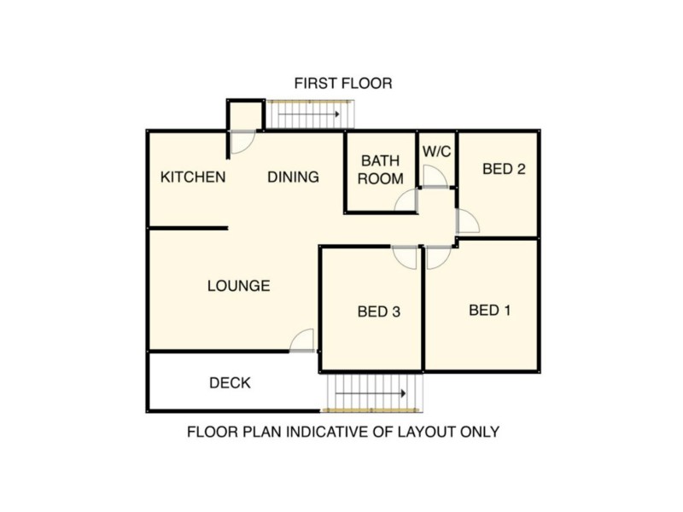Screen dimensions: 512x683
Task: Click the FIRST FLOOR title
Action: point(342,84)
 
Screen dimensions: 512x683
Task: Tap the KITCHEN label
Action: point(194,177)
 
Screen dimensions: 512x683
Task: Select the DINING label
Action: point(293,177)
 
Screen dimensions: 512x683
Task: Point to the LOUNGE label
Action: point(238,286)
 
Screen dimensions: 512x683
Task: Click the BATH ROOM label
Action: point(380,170)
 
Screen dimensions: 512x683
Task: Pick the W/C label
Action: point(437,151)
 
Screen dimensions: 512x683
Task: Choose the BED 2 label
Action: point(503,169)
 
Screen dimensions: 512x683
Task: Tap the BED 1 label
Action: point(490,310)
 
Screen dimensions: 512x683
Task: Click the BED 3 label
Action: point(379,311)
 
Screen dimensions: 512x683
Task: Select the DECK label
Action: point(230,383)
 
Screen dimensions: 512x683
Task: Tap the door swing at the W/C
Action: point(435,176)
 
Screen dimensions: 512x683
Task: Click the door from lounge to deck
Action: point(302,340)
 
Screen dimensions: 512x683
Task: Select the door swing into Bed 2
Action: point(467,221)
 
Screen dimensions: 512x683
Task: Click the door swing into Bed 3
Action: point(405,256)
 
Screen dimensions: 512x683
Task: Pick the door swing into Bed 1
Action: point(437,258)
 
